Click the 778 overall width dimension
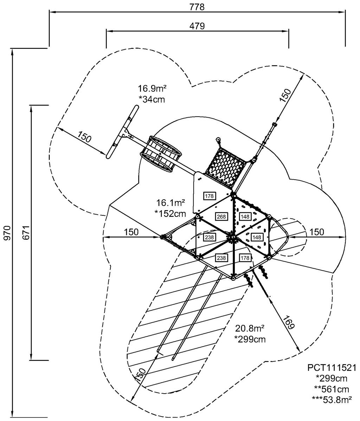coord(197,7)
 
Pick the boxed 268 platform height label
coord(221,216)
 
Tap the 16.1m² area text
coord(171,203)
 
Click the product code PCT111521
coord(332,368)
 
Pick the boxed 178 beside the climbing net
coord(210,195)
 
